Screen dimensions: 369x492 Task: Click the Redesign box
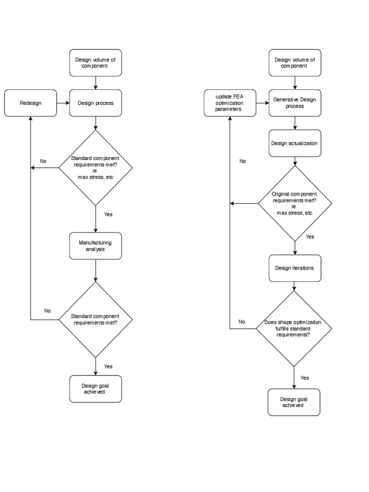(30, 103)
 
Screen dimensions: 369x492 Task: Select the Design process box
(96, 103)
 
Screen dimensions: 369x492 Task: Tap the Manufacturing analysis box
(96, 246)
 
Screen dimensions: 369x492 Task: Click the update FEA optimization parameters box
(230, 103)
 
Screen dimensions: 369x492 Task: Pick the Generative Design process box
(295, 103)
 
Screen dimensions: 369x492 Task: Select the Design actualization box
(295, 143)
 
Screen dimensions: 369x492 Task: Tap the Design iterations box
(295, 268)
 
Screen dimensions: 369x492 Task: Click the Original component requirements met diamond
(295, 203)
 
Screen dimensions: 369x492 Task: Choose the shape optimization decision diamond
(294, 329)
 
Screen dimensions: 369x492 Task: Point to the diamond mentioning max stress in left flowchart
(96, 168)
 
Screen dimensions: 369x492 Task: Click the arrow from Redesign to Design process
(63, 103)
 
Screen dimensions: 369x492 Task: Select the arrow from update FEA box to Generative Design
(263, 103)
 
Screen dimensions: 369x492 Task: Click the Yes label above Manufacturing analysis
(108, 214)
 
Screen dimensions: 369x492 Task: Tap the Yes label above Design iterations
(310, 236)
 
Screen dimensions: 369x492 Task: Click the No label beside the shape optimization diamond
(242, 321)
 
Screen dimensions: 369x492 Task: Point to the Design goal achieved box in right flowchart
(294, 402)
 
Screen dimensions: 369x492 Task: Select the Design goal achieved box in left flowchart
(96, 389)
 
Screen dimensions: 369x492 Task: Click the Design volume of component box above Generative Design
(295, 63)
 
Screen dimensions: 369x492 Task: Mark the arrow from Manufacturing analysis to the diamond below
(96, 271)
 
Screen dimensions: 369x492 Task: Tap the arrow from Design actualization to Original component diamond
(295, 161)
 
